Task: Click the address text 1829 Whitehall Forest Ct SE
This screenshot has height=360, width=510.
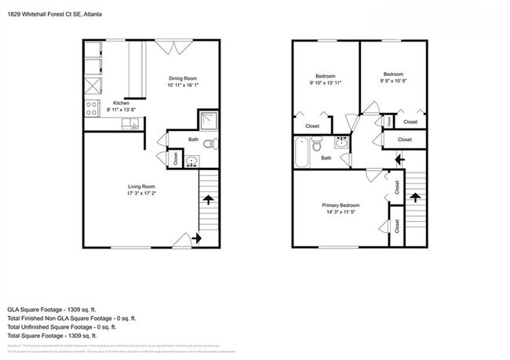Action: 47,14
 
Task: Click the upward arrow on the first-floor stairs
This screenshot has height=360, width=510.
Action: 209,201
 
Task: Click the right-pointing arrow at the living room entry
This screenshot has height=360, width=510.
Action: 194,238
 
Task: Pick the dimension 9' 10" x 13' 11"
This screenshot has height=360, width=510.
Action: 325,82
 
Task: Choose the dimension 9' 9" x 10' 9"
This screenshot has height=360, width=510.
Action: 393,81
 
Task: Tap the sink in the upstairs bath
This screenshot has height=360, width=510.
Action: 342,143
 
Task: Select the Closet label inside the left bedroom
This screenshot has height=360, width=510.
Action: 312,125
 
